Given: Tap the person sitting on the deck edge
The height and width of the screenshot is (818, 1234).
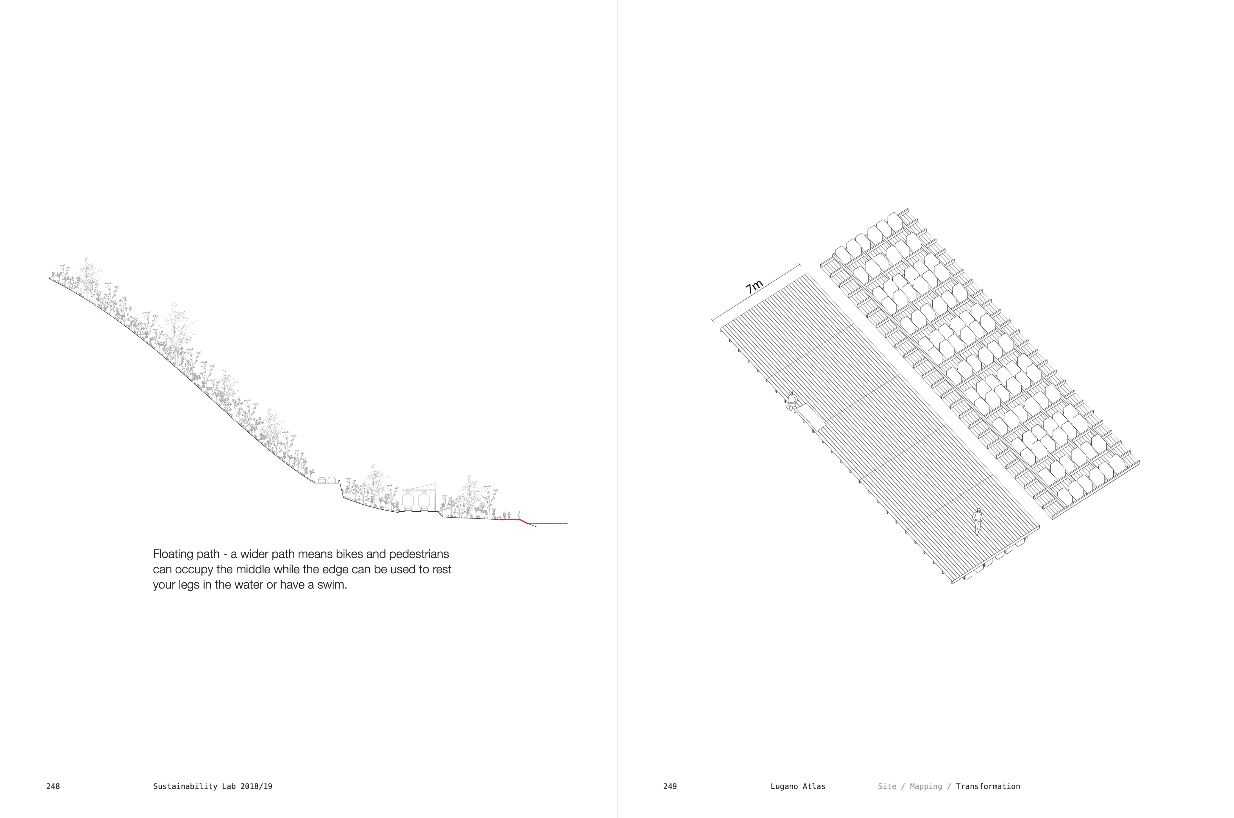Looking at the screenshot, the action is (x=792, y=401).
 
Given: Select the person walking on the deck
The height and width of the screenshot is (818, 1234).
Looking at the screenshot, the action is (x=977, y=521).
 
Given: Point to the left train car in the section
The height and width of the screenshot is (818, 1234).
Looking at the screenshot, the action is (x=408, y=501).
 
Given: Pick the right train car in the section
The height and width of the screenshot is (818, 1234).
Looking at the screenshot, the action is (x=423, y=501).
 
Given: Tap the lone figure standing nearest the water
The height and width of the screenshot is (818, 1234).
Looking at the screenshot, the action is (x=519, y=515).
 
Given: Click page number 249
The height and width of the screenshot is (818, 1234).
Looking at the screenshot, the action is (x=670, y=786).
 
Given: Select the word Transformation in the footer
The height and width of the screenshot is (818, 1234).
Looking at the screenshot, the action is (x=988, y=786).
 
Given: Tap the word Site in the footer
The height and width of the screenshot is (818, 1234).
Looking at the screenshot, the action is (x=887, y=786).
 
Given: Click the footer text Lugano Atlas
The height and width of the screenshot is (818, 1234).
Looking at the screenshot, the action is (x=797, y=786).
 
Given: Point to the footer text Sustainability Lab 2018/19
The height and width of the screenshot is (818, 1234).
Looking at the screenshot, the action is (x=213, y=786).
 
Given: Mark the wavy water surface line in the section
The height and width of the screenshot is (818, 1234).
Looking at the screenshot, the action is (x=550, y=523).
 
